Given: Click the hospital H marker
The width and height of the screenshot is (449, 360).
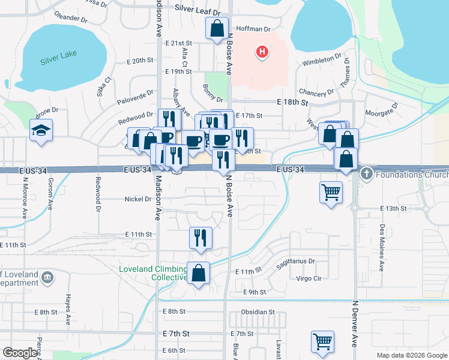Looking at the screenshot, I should coord(262,52).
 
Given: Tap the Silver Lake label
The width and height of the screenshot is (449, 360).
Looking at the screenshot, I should coord(55,61).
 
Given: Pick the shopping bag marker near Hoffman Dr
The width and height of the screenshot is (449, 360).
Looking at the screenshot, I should coord(216,28).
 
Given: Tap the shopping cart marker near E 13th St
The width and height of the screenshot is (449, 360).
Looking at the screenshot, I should coord(331,193).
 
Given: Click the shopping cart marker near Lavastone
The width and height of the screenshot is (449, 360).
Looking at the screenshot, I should coord(322,342).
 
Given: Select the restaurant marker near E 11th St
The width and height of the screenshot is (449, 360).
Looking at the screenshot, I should coord(200,238).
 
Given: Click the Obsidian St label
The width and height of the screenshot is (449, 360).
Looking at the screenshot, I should coord(258,312).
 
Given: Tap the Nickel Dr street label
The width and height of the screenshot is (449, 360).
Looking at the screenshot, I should coord(138,199).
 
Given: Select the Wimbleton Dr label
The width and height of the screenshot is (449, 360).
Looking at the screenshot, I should coord(322,62).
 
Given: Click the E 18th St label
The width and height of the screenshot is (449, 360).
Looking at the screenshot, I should coord(292,103).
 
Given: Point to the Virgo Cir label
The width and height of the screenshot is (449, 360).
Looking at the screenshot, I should coord(309,278).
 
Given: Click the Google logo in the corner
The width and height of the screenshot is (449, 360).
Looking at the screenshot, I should coord(19,353).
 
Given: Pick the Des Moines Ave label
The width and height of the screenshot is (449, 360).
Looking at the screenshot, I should coord(382,238).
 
